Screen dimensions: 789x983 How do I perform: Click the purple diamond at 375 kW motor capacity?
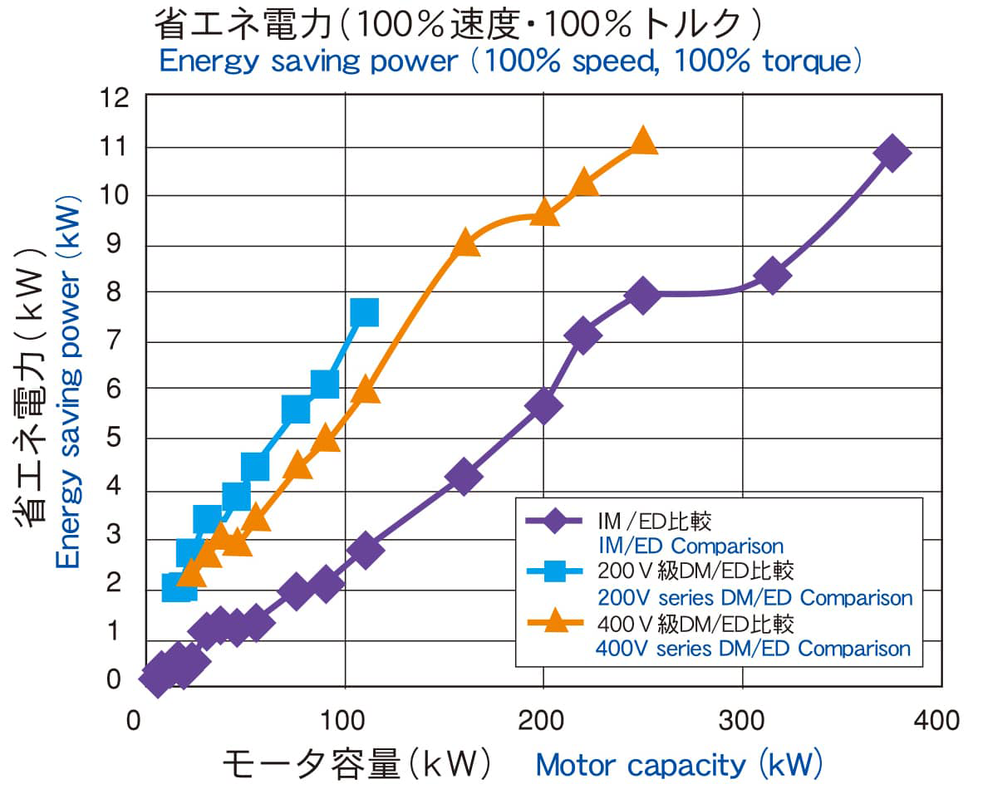(x=892, y=154)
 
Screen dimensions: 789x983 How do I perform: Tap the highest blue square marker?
(x=364, y=312)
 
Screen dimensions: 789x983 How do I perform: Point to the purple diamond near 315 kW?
(x=773, y=276)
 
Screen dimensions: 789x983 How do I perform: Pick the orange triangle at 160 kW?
(x=465, y=243)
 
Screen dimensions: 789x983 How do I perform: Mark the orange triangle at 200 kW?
(x=544, y=213)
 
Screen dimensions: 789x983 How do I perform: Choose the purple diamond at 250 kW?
(x=642, y=295)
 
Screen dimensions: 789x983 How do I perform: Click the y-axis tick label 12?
(x=115, y=98)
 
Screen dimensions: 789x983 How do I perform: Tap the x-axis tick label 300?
(x=741, y=719)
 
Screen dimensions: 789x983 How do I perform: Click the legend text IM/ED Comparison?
(x=691, y=546)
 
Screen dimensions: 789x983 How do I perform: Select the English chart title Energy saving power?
(x=309, y=61)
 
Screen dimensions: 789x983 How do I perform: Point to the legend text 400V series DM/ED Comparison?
(x=753, y=648)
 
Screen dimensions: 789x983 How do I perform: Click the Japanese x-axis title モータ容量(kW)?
(x=357, y=762)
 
